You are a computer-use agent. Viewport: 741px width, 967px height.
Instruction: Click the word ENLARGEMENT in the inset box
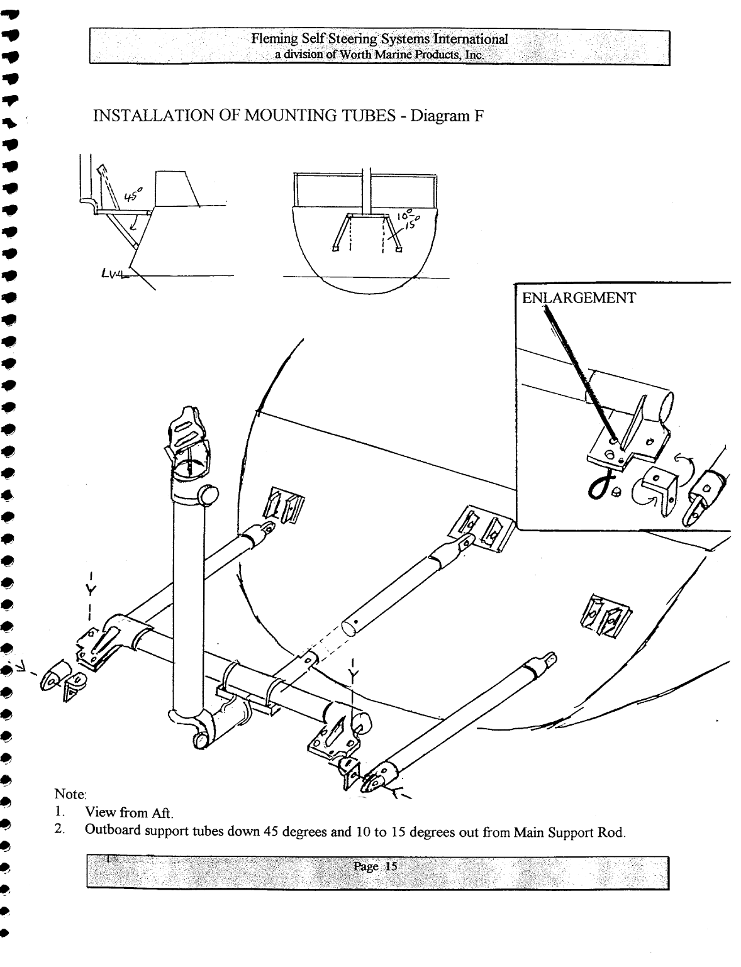tap(579, 298)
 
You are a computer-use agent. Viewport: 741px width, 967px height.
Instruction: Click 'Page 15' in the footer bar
tap(376, 866)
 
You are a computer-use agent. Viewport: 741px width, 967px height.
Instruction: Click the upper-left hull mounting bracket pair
tap(283, 506)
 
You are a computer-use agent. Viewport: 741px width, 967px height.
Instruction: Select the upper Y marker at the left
tap(92, 591)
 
